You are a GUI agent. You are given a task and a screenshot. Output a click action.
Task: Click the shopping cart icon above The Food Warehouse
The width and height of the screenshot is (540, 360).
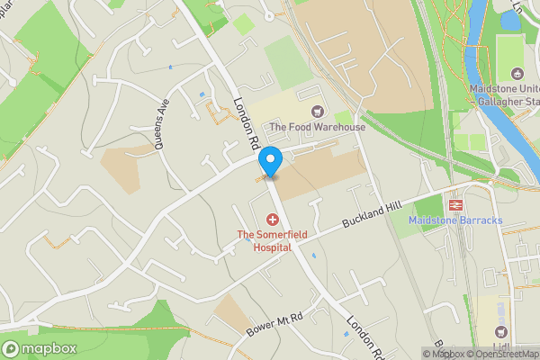[x=316, y=112]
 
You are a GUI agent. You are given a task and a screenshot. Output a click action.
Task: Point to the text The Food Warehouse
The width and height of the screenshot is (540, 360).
[x=317, y=127]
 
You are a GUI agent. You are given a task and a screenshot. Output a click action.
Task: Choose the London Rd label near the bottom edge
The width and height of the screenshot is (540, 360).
[x=366, y=337]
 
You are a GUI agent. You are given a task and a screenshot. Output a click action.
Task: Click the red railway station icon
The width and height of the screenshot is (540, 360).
[x=454, y=204]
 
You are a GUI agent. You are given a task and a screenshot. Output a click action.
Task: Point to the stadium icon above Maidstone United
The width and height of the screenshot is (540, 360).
[x=516, y=74]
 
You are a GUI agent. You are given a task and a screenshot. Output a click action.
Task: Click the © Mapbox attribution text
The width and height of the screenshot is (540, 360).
[x=444, y=354]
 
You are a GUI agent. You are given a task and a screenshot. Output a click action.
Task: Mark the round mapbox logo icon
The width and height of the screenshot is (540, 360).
[x=12, y=348]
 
